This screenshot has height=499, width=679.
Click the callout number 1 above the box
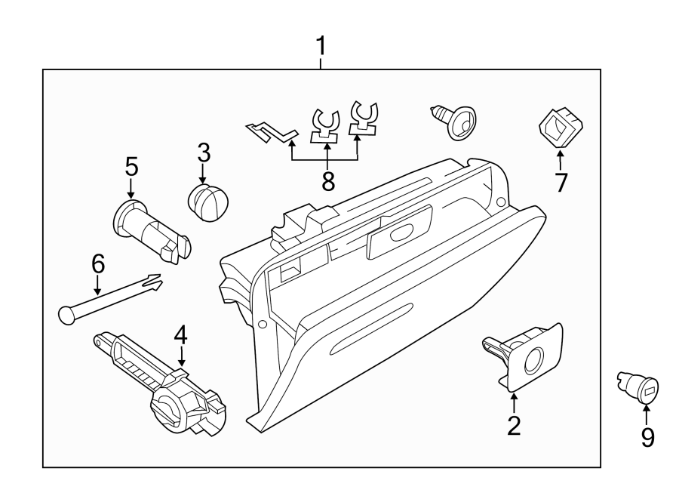pyautogui.click(x=321, y=47)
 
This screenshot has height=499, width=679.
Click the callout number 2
pyautogui.click(x=514, y=426)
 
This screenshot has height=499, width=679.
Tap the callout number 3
pyautogui.click(x=203, y=152)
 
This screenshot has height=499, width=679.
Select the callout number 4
pyautogui.click(x=180, y=334)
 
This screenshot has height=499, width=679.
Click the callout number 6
pyautogui.click(x=97, y=263)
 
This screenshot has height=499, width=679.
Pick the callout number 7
pyautogui.click(x=560, y=182)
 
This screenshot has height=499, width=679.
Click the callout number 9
pyautogui.click(x=647, y=437)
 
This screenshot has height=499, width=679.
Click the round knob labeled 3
pyautogui.click(x=207, y=202)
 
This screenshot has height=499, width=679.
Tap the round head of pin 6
pyautogui.click(x=66, y=313)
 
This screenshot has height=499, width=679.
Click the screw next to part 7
pyautogui.click(x=456, y=121)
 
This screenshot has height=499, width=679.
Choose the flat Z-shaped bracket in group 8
pyautogui.click(x=273, y=131)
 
